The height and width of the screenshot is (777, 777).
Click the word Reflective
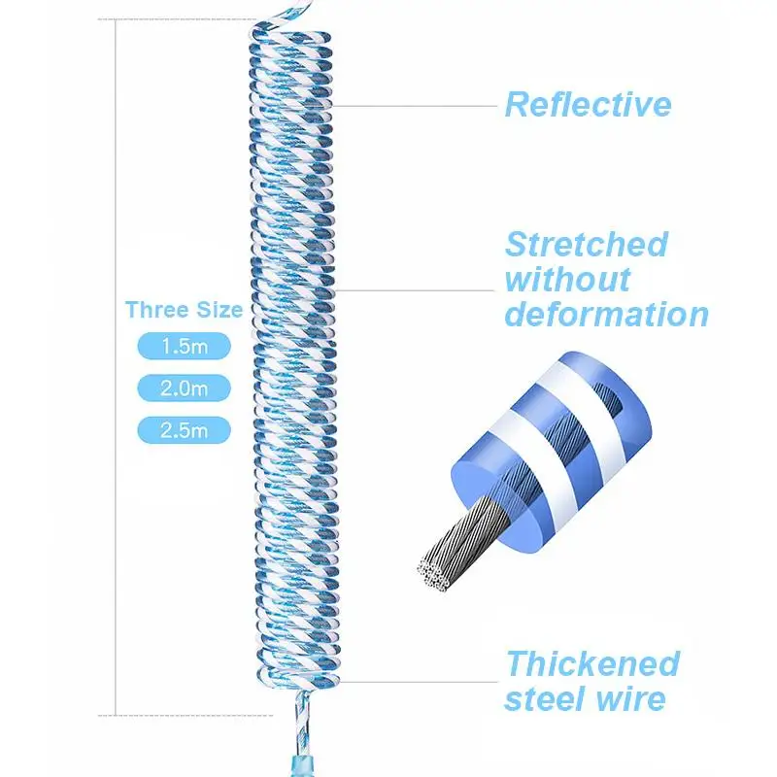[588, 105]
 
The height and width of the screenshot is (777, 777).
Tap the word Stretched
[587, 245]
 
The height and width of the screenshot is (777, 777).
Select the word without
[567, 280]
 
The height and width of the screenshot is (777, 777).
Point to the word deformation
[606, 315]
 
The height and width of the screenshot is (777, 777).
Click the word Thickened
[592, 664]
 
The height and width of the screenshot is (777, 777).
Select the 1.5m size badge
[184, 347]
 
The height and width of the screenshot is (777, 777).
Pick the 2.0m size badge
[184, 388]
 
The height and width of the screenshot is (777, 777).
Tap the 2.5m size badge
[184, 430]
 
